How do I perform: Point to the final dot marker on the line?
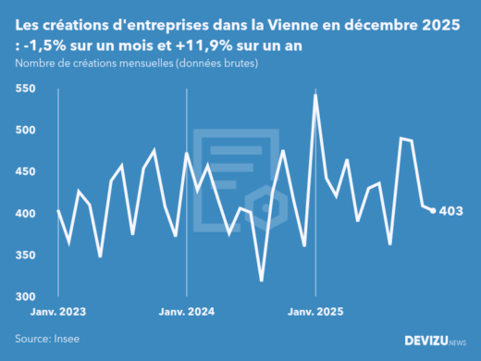coord(434,211)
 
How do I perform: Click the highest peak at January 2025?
coord(316,95)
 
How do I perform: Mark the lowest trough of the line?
coord(262,280)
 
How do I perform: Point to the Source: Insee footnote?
coord(46,339)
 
